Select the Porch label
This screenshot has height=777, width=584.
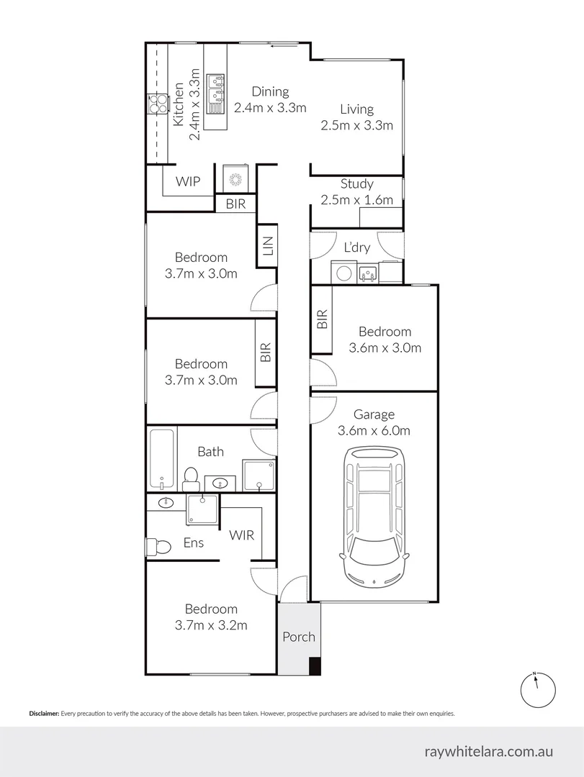pyautogui.click(x=298, y=637)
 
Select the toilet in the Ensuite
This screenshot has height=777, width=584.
pyautogui.click(x=158, y=547)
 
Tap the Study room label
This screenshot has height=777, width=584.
pyautogui.click(x=356, y=184)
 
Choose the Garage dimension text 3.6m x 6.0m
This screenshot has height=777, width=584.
pyautogui.click(x=374, y=432)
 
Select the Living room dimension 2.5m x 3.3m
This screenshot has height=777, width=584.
pyautogui.click(x=356, y=125)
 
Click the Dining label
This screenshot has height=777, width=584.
pyautogui.click(x=270, y=91)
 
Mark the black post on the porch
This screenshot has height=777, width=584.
pyautogui.click(x=314, y=666)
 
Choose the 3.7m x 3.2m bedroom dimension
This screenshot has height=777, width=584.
pyautogui.click(x=210, y=625)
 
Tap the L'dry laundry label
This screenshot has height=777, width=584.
pyautogui.click(x=356, y=247)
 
